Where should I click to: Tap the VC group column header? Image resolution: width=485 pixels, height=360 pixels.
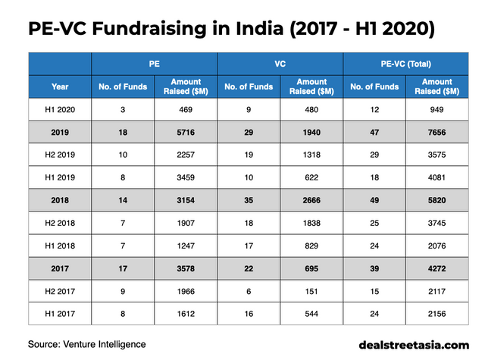coord(280,65)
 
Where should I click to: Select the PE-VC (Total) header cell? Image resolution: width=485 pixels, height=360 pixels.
coord(405,65)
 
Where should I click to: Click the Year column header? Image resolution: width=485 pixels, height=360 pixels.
coord(60,86)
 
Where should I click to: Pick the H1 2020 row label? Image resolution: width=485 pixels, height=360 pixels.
coord(60,110)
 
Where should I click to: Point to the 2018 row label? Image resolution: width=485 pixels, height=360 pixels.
coord(60,203)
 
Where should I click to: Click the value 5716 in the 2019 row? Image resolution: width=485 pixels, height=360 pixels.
coord(186,133)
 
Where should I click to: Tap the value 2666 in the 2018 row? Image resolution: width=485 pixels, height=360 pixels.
coord(311,203)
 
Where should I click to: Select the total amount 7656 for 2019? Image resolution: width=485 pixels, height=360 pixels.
coord(437,133)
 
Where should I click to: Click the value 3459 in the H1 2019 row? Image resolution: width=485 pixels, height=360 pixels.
coord(186,180)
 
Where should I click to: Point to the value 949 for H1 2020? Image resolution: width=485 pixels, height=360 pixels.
coord(437,110)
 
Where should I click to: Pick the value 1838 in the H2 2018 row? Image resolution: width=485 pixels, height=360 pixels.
coord(311,226)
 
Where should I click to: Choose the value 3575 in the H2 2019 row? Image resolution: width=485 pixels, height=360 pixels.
coord(437,156)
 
